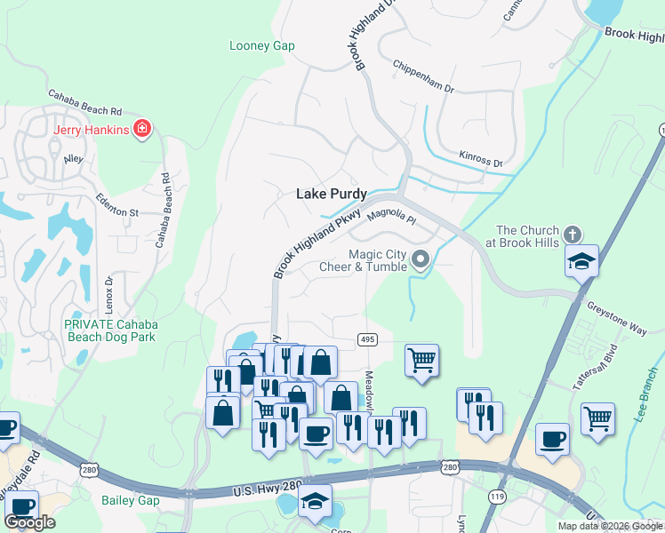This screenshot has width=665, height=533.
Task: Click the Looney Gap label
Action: click(x=261, y=46)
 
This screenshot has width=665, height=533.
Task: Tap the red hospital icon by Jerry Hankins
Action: click(x=141, y=130)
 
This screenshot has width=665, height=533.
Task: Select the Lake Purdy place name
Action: click(x=331, y=194)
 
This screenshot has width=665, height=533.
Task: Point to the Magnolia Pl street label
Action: click(x=391, y=216)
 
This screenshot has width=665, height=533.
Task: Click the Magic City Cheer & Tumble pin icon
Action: click(x=421, y=260)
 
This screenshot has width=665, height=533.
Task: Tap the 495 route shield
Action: click(x=366, y=340)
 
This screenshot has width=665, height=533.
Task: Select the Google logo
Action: click(x=30, y=522)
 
